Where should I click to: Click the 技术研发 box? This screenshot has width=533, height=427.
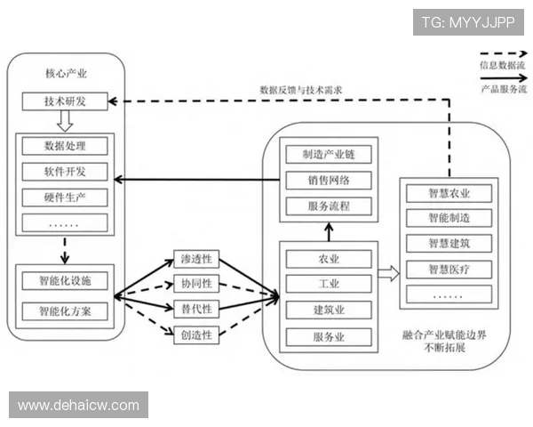click(65, 101)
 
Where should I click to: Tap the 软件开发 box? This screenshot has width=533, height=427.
click(65, 171)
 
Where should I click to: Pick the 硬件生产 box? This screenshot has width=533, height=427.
click(65, 197)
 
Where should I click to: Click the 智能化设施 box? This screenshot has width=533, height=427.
click(65, 282)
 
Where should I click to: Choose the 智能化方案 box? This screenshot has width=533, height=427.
click(65, 311)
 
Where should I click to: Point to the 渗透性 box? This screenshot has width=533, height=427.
click(196, 261)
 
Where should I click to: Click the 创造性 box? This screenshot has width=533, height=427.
click(196, 334)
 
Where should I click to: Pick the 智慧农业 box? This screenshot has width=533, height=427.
click(449, 194)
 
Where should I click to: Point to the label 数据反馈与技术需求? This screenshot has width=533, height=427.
click(301, 90)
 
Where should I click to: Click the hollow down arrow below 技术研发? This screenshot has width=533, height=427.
click(65, 120)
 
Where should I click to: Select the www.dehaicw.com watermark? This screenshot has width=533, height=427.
click(78, 406)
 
